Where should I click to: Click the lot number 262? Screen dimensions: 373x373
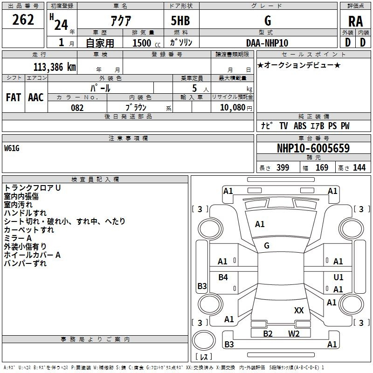pyautogui.click(x=24, y=20)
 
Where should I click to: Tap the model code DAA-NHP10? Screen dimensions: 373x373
pyautogui.click(x=267, y=43)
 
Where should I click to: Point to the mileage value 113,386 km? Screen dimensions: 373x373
pyautogui.click(x=55, y=66)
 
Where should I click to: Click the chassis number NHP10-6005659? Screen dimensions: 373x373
pyautogui.click(x=313, y=148)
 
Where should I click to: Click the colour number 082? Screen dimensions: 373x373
pyautogui.click(x=77, y=108)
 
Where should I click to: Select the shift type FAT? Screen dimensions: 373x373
pyautogui.click(x=13, y=97)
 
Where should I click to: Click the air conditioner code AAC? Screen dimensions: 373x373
pyautogui.click(x=35, y=97)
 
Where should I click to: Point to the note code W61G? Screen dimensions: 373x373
pyautogui.click(x=12, y=148)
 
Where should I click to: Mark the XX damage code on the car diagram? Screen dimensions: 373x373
pyautogui.click(x=299, y=310)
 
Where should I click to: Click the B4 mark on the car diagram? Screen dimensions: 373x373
pyautogui.click(x=223, y=277)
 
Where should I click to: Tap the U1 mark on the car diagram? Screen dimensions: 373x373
pyautogui.click(x=338, y=277)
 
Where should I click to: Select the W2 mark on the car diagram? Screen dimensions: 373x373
pyautogui.click(x=294, y=333)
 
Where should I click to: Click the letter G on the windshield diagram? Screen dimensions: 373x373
pyautogui.click(x=267, y=245)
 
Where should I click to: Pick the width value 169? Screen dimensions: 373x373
pyautogui.click(x=322, y=168)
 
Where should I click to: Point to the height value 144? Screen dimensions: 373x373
pyautogui.click(x=359, y=168)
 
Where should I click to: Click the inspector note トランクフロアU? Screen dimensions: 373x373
pyautogui.click(x=33, y=187)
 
